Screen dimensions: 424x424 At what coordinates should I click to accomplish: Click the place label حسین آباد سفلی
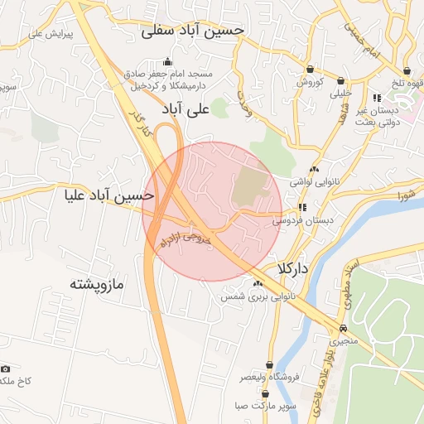tap(193, 30)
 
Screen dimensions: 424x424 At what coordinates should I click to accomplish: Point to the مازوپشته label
tap(96, 284)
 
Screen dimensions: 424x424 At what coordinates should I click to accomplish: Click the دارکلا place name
tap(294, 269)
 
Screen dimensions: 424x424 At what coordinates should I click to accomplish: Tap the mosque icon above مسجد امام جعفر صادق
tap(168, 61)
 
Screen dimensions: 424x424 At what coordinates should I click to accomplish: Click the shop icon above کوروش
tap(310, 69)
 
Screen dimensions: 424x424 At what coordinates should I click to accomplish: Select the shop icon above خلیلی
tap(341, 81)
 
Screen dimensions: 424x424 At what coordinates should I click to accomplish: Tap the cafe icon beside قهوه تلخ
tap(407, 71)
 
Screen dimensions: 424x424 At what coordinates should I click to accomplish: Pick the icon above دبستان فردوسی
tap(302, 207)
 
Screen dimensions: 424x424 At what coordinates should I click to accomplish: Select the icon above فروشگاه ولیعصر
tap(269, 364)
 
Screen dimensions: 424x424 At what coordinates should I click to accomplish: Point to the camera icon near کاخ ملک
tap(6, 369)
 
